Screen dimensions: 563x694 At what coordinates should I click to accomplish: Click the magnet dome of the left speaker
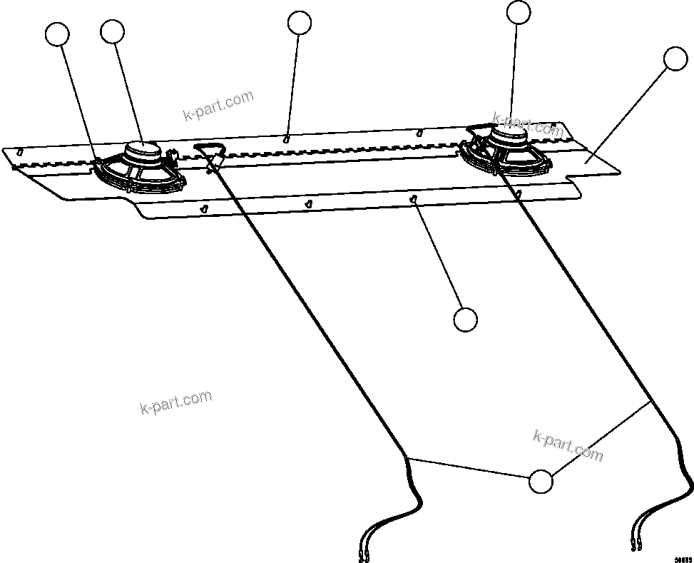(144, 150)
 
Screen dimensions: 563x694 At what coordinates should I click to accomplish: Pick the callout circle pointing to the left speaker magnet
(113, 31)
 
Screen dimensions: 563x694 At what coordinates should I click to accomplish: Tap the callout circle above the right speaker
(519, 12)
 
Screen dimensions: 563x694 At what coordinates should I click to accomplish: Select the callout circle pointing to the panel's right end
(675, 59)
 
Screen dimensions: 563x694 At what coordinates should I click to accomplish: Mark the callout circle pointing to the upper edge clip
(300, 23)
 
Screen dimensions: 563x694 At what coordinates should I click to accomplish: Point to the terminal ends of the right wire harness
(636, 546)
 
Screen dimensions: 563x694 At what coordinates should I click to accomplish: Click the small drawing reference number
(683, 559)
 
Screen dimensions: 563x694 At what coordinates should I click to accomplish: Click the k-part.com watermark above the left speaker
(218, 106)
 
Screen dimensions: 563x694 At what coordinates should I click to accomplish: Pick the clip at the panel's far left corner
(20, 151)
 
